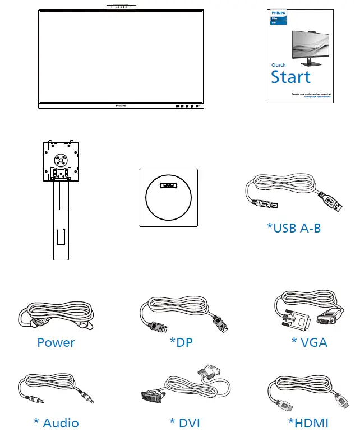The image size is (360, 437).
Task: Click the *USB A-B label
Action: click(x=294, y=228)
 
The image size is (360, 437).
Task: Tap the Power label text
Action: click(x=56, y=342)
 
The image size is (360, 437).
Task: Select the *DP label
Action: click(x=181, y=342)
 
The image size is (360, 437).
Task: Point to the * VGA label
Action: click(x=309, y=342)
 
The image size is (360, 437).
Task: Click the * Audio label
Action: click(x=56, y=422)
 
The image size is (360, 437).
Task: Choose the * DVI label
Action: click(x=184, y=422)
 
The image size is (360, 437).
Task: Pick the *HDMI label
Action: click(x=308, y=422)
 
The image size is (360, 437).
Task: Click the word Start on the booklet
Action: click(x=290, y=77)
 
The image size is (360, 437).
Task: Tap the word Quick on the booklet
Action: click(x=279, y=65)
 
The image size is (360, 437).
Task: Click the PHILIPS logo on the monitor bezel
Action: click(x=121, y=105)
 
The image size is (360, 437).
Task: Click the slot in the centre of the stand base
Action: click(x=168, y=185)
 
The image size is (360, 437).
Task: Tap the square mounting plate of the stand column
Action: click(x=59, y=159)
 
